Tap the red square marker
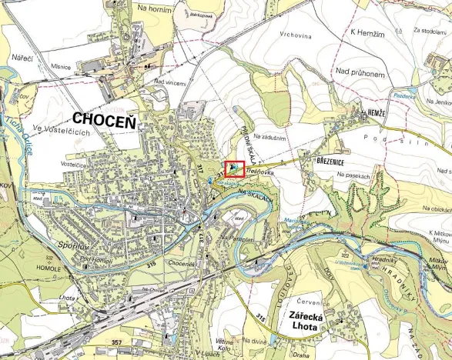point(235,169)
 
